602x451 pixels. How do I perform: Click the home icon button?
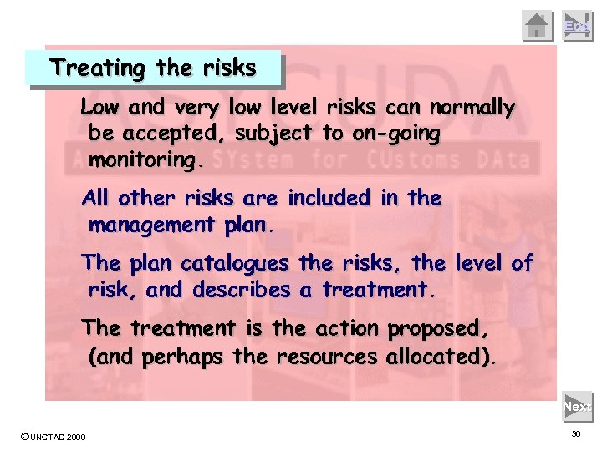click(x=538, y=26)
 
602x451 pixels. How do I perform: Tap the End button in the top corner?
click(x=578, y=26)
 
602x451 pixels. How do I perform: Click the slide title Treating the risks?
click(x=154, y=68)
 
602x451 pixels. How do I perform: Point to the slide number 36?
click(x=576, y=434)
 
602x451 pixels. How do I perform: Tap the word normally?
click(x=473, y=108)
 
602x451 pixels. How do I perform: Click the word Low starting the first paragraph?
click(x=99, y=108)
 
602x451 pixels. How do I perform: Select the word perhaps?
click(x=182, y=357)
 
